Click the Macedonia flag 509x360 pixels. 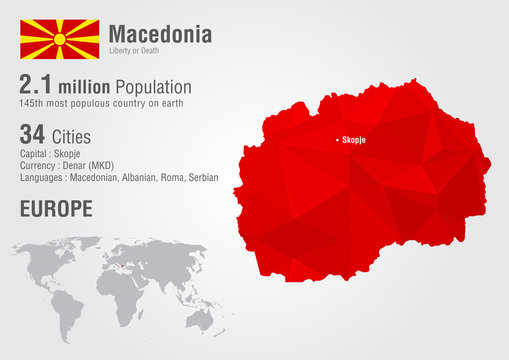(x=60, y=39)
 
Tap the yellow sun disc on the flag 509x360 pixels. (x=60, y=39)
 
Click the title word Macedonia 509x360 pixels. (x=160, y=34)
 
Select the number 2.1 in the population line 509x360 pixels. (x=39, y=86)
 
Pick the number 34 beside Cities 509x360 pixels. (x=33, y=134)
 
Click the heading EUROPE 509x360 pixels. (x=56, y=209)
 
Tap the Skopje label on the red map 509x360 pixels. (x=354, y=140)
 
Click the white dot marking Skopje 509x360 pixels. (x=337, y=139)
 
